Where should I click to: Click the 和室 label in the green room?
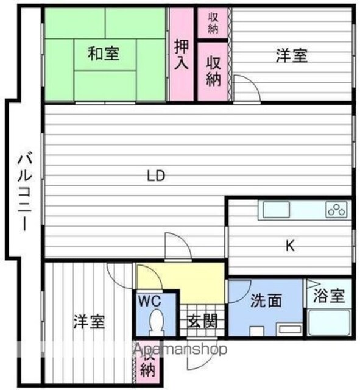(104, 54)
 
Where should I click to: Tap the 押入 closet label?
(182, 54)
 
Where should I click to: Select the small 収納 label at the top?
(213, 23)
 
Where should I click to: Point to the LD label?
(156, 175)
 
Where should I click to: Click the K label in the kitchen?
(290, 246)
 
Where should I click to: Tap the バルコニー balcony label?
(24, 193)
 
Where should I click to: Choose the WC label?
(150, 301)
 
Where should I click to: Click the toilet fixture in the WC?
(157, 322)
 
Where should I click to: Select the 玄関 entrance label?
(202, 321)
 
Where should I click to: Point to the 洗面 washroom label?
(266, 300)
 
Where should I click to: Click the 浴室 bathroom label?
(329, 296)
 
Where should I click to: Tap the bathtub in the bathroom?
(329, 322)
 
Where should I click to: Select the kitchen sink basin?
(276, 210)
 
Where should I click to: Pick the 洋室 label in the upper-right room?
(292, 55)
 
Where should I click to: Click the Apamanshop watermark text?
(180, 349)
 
